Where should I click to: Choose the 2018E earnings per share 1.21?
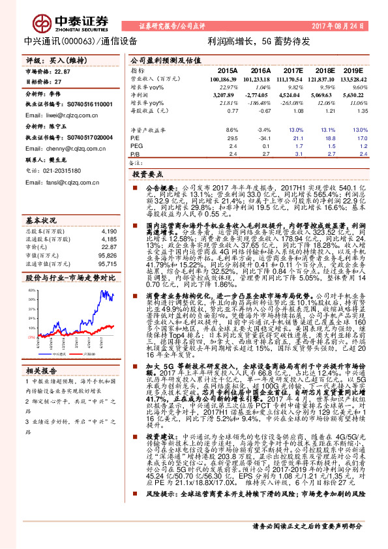coord(325,111)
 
